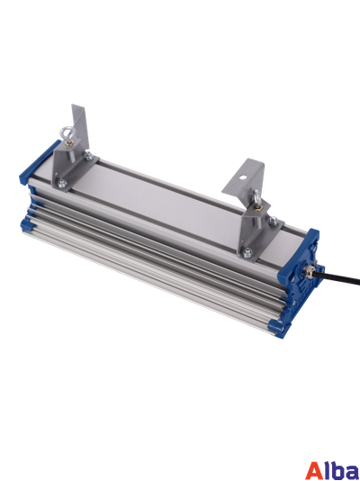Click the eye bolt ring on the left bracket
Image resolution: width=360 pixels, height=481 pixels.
pyautogui.click(x=64, y=132)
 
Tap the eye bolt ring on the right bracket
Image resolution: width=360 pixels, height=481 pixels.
pyautogui.click(x=257, y=197)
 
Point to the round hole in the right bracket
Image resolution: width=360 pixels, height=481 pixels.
pyautogui.click(x=242, y=177)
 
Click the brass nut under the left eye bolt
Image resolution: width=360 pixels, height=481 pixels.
pyautogui.click(x=68, y=142)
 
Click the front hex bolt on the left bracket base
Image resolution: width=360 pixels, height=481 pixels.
pyautogui.click(x=62, y=184)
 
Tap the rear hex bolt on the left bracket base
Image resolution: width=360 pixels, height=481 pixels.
pyautogui.click(x=88, y=156)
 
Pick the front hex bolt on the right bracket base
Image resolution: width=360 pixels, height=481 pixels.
pyautogui.click(x=247, y=252)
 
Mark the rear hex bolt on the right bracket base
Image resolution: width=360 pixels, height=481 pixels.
pyautogui.click(x=274, y=221)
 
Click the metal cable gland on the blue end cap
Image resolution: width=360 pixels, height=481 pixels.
pyautogui.click(x=308, y=271)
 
